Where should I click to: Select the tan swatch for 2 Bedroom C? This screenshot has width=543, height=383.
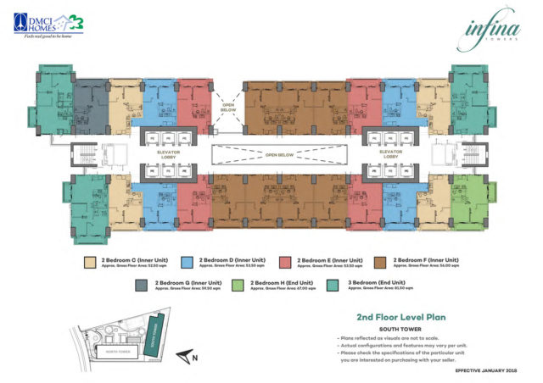click(x=91, y=263)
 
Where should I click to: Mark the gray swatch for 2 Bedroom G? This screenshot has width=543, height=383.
click(x=139, y=285)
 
